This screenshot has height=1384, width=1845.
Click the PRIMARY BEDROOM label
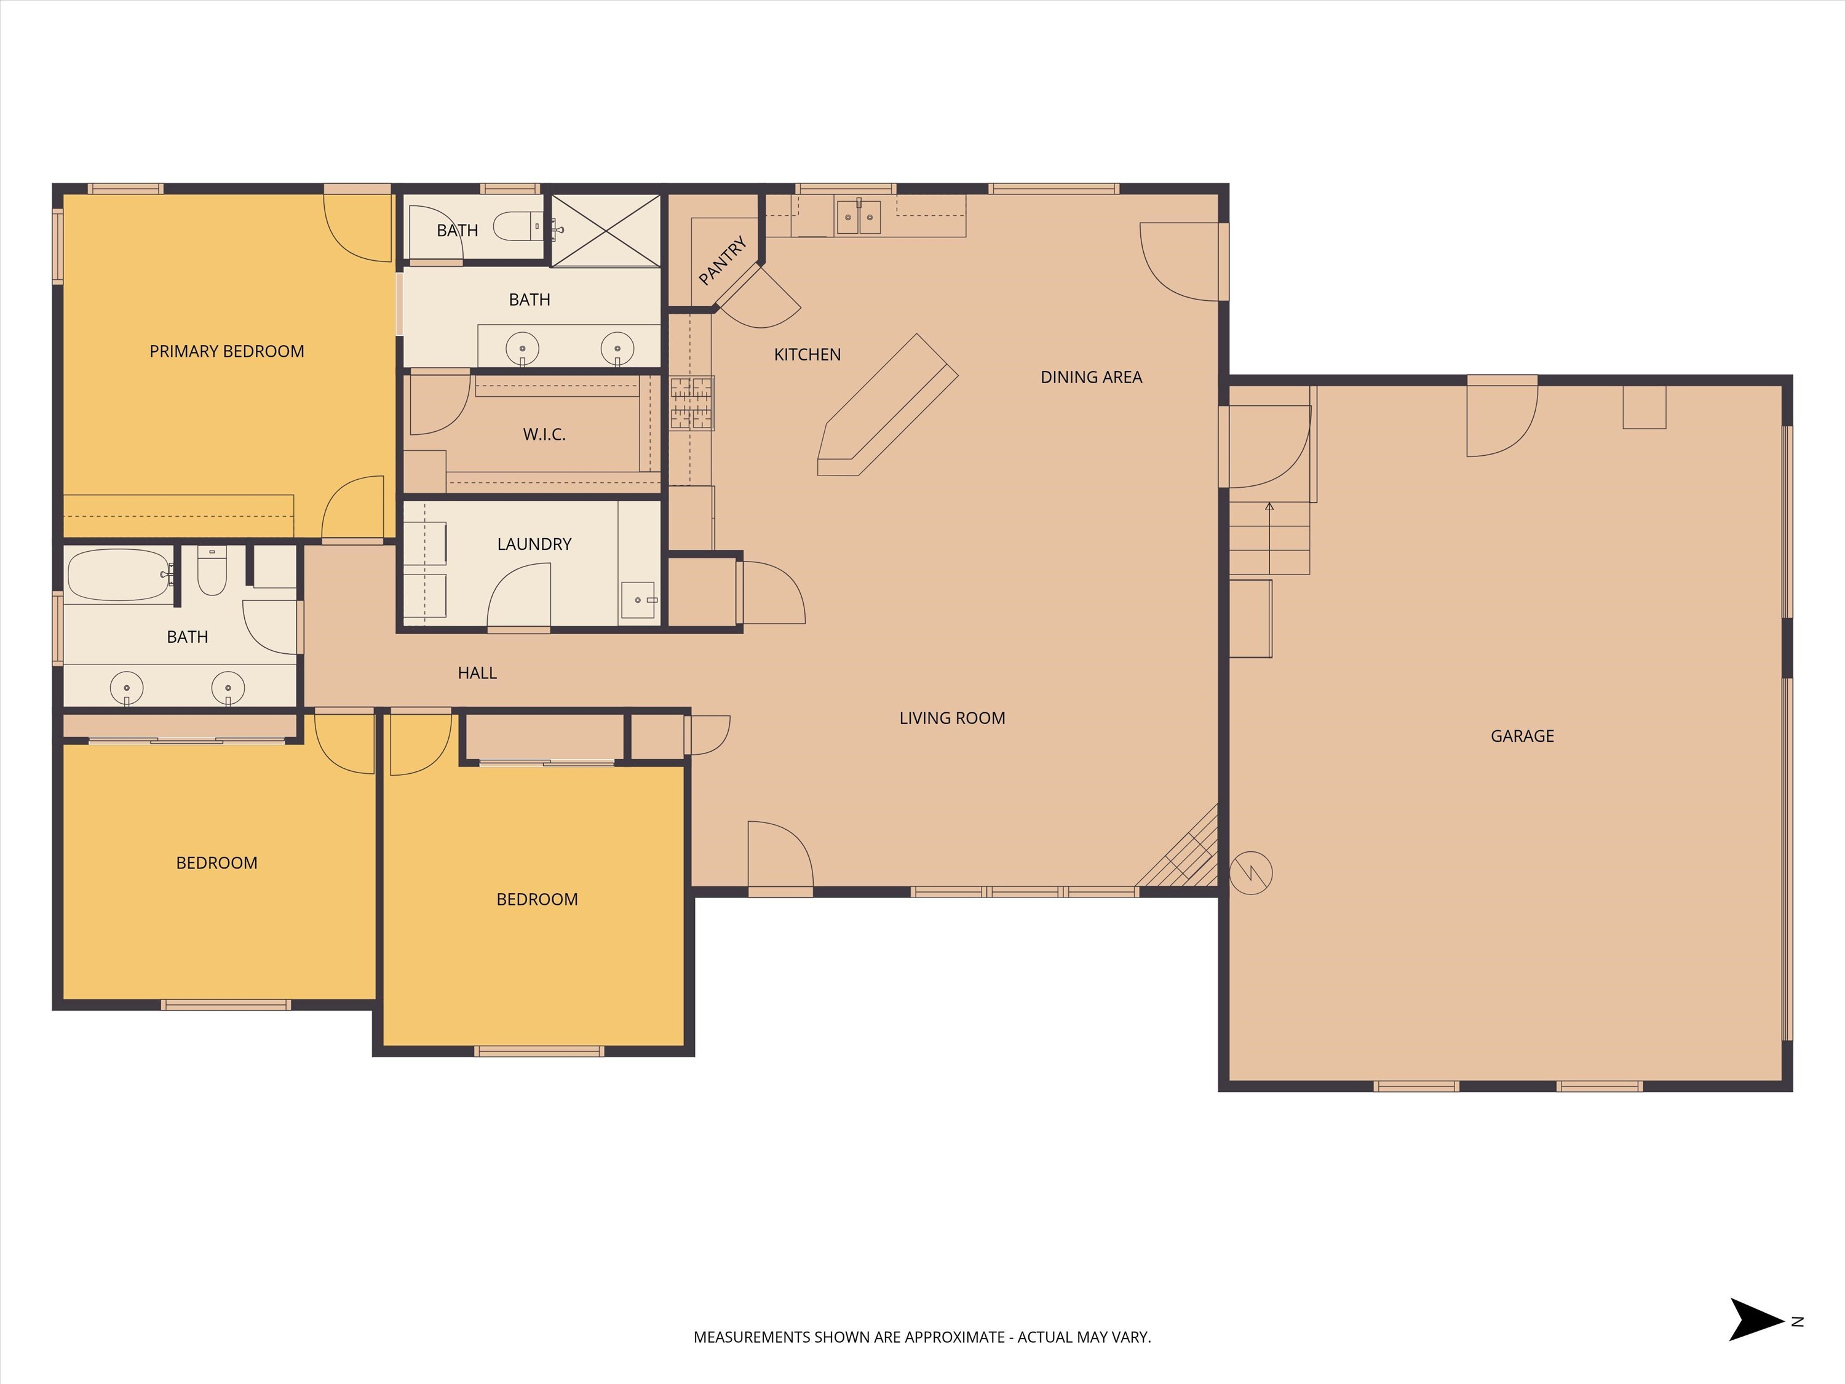227,351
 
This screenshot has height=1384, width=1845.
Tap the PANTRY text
723,260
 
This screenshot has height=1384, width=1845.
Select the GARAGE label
1522,736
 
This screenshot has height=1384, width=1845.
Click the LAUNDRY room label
534,544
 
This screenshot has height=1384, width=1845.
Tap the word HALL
477,672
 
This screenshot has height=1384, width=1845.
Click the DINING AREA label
1091,377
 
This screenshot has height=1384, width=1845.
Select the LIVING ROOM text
951,717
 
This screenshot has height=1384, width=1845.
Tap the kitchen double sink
859,217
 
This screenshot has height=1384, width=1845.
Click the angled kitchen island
888,405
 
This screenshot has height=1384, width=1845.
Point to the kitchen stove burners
692,403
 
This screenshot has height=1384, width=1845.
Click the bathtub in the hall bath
119,575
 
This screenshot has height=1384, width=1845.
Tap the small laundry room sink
639,600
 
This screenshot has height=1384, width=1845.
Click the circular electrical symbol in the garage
1251,873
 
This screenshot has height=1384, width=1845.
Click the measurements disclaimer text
922,1337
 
